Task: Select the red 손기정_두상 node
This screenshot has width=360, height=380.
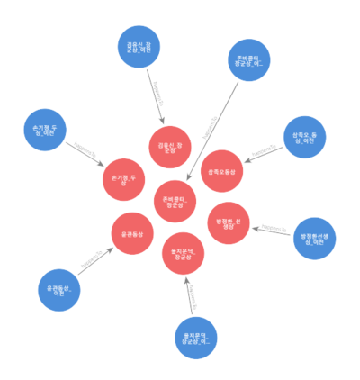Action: (123, 179)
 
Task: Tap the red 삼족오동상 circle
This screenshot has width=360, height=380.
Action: (221, 171)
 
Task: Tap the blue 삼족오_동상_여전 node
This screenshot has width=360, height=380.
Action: (304, 138)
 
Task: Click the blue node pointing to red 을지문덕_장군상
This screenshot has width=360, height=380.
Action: (197, 339)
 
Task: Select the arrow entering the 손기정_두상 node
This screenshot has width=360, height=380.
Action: (85, 155)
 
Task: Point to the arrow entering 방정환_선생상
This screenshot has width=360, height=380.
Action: (268, 230)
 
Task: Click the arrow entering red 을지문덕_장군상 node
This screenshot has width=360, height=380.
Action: (190, 297)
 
